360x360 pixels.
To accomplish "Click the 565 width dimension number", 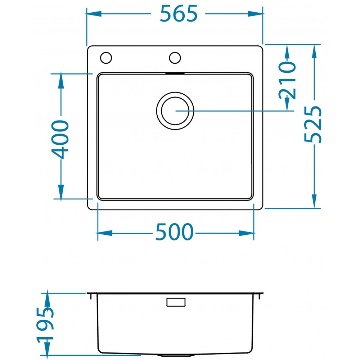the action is (x=179, y=14).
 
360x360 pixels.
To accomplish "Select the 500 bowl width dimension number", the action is (x=175, y=232).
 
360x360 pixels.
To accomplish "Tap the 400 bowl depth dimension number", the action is (x=60, y=139).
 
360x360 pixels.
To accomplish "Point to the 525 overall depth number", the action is (x=313, y=124).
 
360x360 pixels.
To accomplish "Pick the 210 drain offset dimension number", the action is (x=287, y=80).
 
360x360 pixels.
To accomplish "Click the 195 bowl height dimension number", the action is (x=45, y=325).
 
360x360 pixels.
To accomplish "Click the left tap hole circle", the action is (x=106, y=58).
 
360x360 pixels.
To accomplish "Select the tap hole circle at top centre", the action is (x=175, y=58).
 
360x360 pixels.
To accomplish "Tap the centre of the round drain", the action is (x=175, y=111).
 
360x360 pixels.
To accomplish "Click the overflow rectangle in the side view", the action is (x=176, y=302).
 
